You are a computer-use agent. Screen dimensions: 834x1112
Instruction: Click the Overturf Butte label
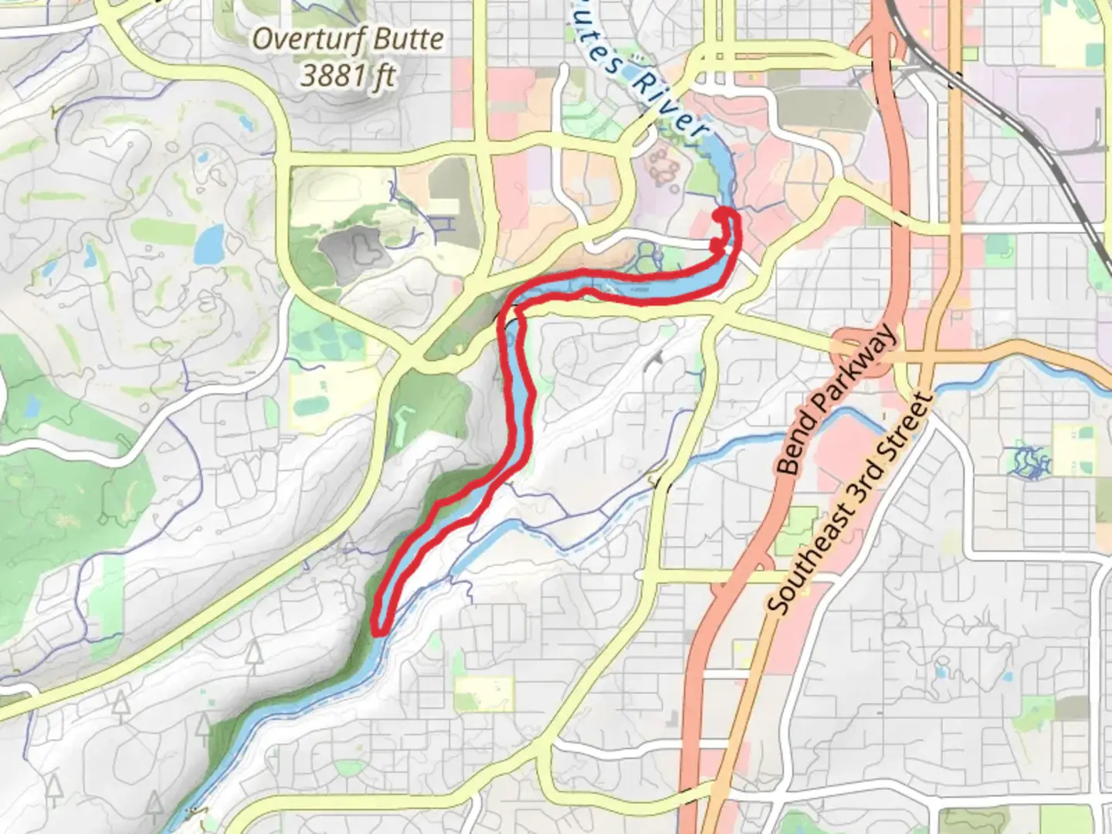[x=348, y=39]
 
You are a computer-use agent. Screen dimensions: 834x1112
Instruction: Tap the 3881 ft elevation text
[x=348, y=76]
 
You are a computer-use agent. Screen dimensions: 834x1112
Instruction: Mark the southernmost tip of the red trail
[x=378, y=632]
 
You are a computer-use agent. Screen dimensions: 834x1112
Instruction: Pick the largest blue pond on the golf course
[x=209, y=245]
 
